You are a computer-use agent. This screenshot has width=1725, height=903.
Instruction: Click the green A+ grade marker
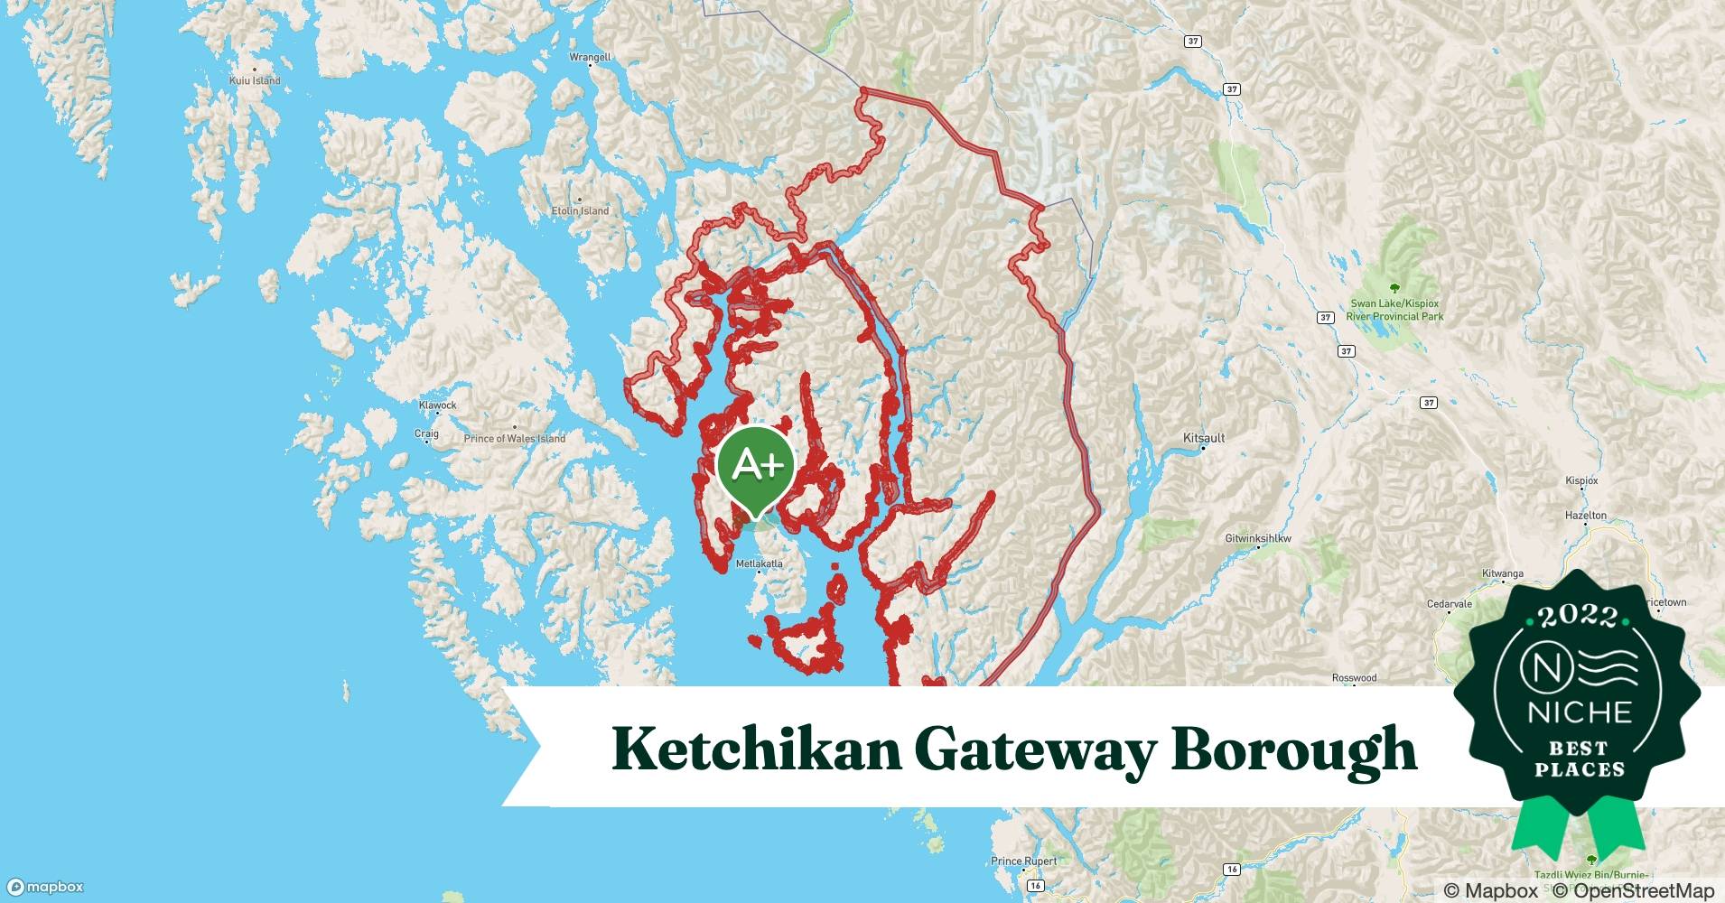coord(755,465)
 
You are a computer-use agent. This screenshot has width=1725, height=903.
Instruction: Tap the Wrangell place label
coord(590,57)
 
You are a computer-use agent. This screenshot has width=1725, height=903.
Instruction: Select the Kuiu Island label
coord(255,80)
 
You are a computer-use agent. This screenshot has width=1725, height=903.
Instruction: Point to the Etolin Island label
coord(580,210)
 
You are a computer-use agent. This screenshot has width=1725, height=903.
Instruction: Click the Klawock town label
coord(437,405)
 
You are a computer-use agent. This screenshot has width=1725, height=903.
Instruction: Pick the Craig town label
coord(426,433)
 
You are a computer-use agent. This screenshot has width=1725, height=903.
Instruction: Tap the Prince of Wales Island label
coord(515,439)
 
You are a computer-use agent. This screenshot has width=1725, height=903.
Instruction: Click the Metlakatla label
coord(760,563)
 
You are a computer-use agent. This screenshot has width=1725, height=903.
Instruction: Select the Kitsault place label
coord(1204,438)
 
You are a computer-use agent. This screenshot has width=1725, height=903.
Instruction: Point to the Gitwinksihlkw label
coord(1258,538)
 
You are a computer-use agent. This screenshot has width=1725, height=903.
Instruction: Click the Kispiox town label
coord(1581,481)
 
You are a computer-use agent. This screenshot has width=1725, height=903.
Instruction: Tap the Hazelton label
coord(1586,516)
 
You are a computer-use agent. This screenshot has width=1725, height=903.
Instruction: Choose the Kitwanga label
coord(1503,573)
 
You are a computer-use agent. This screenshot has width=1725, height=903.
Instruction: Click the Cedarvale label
coord(1449,604)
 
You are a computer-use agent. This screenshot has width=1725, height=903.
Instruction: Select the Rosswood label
coord(1354,677)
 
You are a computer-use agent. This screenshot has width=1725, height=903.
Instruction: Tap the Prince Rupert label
coord(1023,861)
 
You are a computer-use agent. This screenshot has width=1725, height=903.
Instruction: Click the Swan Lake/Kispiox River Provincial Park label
coord(1394,310)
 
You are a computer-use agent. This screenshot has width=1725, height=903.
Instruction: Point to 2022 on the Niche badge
coord(1578,616)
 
